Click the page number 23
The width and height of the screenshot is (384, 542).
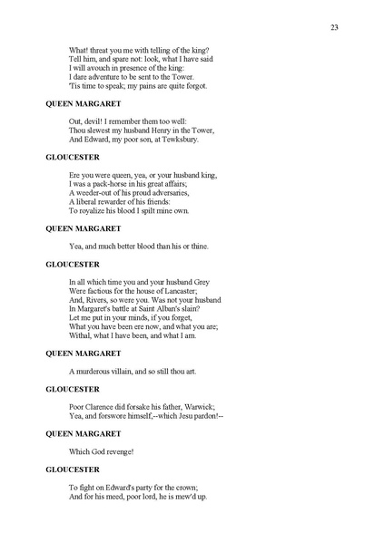[x=335, y=28]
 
